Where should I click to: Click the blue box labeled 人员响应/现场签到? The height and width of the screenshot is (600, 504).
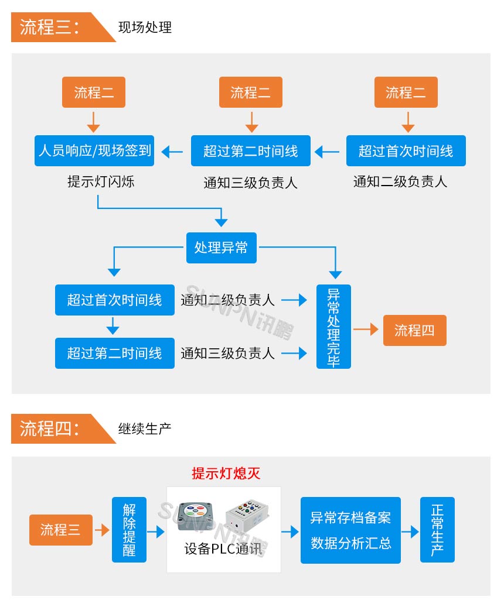[x=94, y=151]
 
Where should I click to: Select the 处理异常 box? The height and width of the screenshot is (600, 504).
[x=221, y=248]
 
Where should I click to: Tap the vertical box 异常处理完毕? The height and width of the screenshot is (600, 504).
[x=333, y=327]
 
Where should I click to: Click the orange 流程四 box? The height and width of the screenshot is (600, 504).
[x=414, y=330]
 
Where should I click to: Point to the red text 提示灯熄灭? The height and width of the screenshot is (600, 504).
[x=226, y=474]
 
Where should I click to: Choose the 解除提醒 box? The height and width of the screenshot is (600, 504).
[x=129, y=530]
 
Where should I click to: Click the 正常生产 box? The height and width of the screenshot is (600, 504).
[x=437, y=530]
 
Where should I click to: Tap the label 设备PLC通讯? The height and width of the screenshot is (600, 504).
[x=224, y=550]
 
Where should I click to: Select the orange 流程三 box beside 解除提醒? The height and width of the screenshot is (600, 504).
[x=60, y=530]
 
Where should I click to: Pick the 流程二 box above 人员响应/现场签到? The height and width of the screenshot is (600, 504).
[x=94, y=92]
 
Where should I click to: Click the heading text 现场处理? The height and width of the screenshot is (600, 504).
[x=145, y=28]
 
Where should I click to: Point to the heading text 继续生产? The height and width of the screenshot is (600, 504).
[x=145, y=429]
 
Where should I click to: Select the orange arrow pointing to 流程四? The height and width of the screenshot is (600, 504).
[x=366, y=330]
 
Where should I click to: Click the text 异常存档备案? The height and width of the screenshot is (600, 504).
[x=350, y=517]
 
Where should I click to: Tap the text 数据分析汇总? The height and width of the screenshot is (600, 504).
[x=350, y=543]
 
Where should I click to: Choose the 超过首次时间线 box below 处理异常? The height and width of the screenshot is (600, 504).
[x=114, y=300]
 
